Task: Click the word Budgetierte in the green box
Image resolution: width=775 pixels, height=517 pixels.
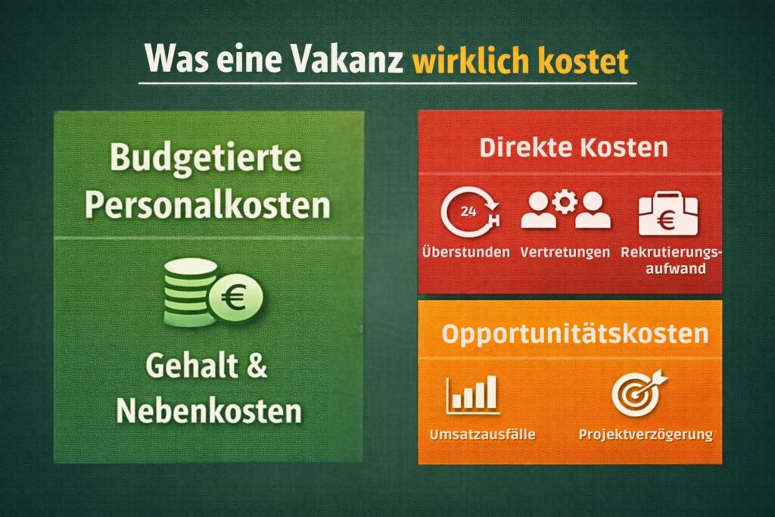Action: (x=206, y=159)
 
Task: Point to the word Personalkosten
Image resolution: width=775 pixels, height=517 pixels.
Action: (x=207, y=204)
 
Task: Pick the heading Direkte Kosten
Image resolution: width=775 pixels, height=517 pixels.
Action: (x=574, y=148)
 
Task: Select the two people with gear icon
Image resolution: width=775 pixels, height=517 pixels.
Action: (x=565, y=210)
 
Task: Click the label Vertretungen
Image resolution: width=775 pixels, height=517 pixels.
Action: (x=565, y=252)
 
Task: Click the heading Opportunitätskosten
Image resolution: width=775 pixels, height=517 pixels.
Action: (x=575, y=334)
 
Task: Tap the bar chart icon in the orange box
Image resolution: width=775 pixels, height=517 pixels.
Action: (x=472, y=394)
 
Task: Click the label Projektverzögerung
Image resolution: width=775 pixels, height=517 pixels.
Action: (x=646, y=434)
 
